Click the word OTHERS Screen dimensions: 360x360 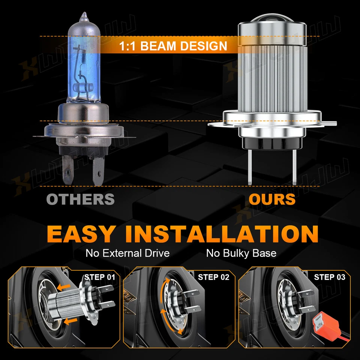[x=80, y=199]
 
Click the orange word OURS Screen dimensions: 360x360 [x=272, y=199]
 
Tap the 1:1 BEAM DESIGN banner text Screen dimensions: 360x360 [x=173, y=46]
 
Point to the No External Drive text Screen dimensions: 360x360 [x=127, y=253]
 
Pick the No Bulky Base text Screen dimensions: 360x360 [x=241, y=253]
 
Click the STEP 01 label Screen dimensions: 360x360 [x=100, y=277]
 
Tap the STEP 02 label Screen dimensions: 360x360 [x=213, y=277]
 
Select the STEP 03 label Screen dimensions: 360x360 [x=329, y=277]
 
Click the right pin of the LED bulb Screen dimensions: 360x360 [x=293, y=165]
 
